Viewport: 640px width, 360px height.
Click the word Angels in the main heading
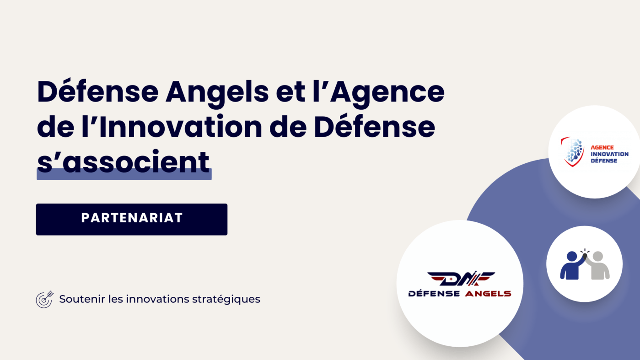217,92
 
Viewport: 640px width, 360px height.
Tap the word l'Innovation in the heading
181,127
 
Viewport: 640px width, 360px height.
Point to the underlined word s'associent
124,162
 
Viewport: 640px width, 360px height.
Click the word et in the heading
291,92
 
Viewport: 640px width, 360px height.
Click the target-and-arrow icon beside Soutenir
44,299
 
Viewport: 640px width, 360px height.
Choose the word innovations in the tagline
157,299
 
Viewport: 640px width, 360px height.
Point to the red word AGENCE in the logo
602,148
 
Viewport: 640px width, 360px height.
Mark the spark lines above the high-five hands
585,251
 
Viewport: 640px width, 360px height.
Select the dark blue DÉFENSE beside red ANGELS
434,294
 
